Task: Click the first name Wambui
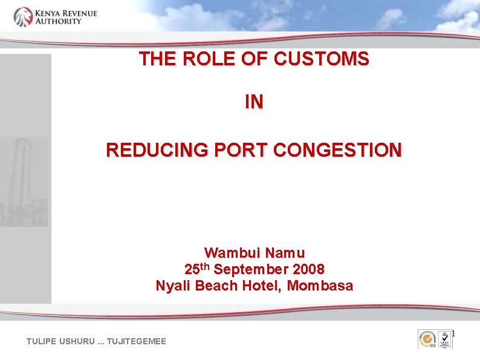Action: click(x=230, y=252)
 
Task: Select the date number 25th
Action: click(x=198, y=269)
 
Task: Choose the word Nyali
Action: click(x=173, y=285)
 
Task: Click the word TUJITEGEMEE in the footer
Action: click(x=137, y=342)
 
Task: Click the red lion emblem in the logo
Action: click(x=24, y=16)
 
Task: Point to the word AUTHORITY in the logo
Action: click(x=58, y=21)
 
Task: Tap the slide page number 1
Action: click(x=453, y=334)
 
